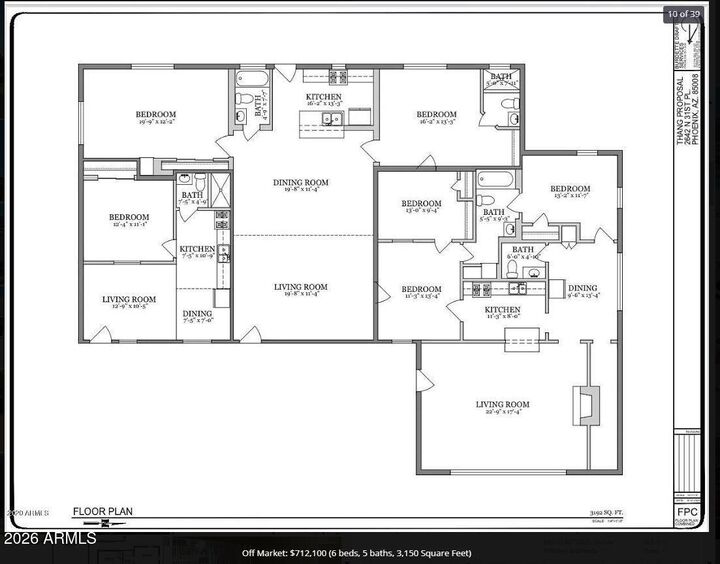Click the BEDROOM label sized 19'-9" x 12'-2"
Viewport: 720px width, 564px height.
pos(155,115)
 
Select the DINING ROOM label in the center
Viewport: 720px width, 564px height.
pos(301,182)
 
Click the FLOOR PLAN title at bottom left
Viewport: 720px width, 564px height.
pos(102,512)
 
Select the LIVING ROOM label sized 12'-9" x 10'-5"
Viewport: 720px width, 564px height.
pos(129,299)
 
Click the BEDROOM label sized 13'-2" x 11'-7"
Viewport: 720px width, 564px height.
pos(569,189)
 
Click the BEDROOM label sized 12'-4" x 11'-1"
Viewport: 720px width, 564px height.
pos(129,217)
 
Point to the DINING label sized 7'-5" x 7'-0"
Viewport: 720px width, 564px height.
pos(196,314)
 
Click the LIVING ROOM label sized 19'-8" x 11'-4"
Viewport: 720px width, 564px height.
pos(301,288)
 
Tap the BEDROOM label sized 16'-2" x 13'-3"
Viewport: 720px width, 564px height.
pos(436,115)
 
